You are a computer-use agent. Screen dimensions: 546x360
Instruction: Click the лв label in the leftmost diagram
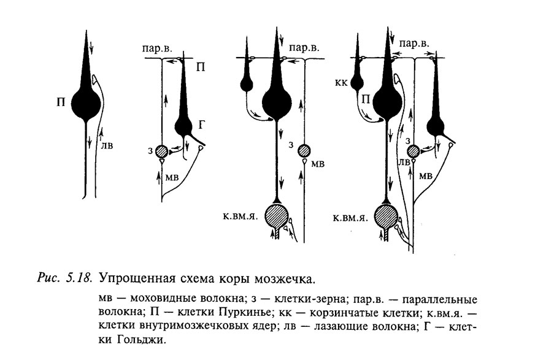click(107, 145)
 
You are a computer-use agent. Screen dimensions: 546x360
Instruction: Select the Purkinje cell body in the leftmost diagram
click(86, 104)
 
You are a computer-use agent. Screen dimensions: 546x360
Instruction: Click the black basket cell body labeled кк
click(357, 83)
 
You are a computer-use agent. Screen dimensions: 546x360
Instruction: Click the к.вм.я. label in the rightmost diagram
click(351, 218)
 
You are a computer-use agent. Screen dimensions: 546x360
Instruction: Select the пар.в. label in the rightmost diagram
click(414, 44)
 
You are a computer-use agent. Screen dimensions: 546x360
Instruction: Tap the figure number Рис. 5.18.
click(65, 278)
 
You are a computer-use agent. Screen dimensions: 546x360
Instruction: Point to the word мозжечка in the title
click(285, 279)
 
